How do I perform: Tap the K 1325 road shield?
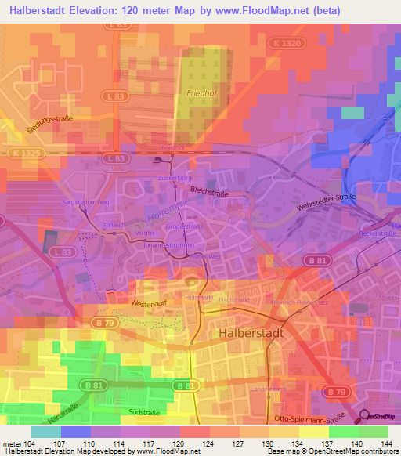[x=26, y=152]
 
